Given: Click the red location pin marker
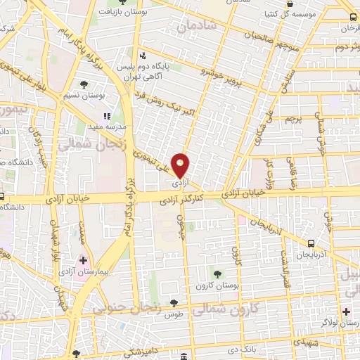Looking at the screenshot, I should (181, 166).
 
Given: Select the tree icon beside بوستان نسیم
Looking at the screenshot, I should (84, 84).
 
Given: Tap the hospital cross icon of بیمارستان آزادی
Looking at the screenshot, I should (84, 261).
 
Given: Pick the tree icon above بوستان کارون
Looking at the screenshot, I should (217, 272).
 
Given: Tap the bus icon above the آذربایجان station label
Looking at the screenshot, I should (310, 243).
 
